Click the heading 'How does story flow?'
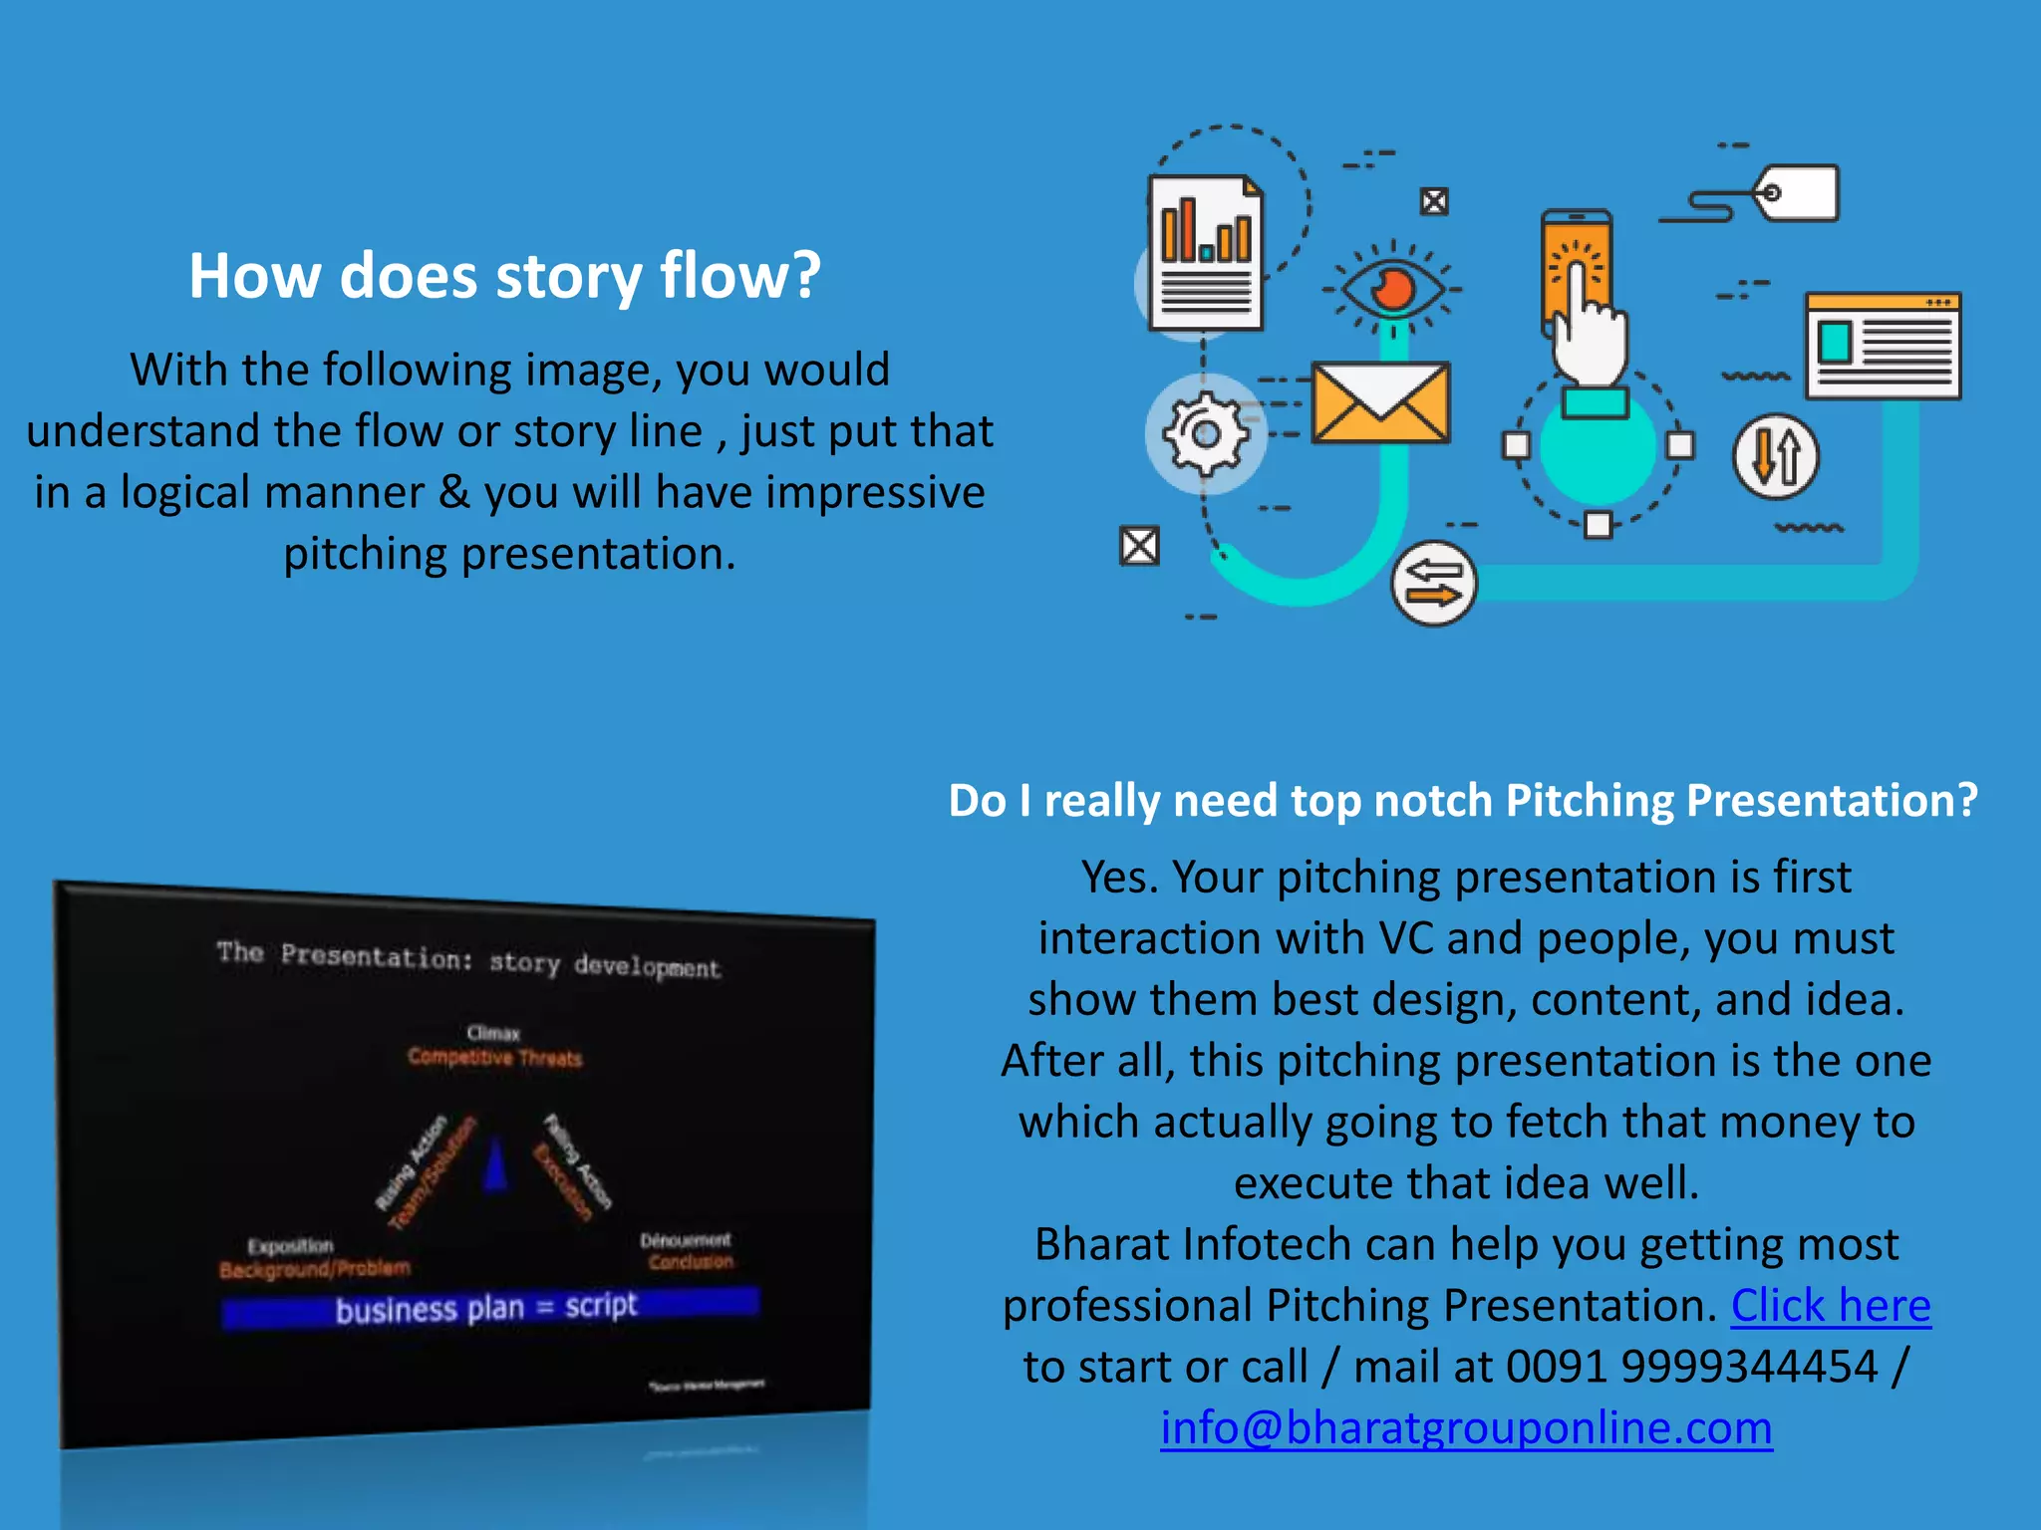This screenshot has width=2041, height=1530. pyautogui.click(x=504, y=276)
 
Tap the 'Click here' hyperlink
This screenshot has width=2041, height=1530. pyautogui.click(x=1830, y=1306)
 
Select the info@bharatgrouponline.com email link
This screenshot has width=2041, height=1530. pyautogui.click(x=1466, y=1427)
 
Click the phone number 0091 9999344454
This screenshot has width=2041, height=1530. pyautogui.click(x=1691, y=1367)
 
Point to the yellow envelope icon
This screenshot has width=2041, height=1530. pyautogui.click(x=1380, y=402)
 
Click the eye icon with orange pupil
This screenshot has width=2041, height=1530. pyautogui.click(x=1392, y=289)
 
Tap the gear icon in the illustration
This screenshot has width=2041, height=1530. pyautogui.click(x=1206, y=434)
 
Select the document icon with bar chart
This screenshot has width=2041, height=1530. pyautogui.click(x=1206, y=253)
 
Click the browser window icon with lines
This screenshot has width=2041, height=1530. pyautogui.click(x=1883, y=346)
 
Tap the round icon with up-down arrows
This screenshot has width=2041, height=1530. pyautogui.click(x=1775, y=456)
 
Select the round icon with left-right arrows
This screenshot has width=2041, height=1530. pyautogui.click(x=1433, y=584)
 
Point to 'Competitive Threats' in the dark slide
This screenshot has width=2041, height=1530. pyautogui.click(x=495, y=1058)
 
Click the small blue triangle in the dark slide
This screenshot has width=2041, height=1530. pyautogui.click(x=495, y=1165)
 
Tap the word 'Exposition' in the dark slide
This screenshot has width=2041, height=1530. pyautogui.click(x=290, y=1246)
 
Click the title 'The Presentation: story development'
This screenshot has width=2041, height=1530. pyautogui.click(x=468, y=960)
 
